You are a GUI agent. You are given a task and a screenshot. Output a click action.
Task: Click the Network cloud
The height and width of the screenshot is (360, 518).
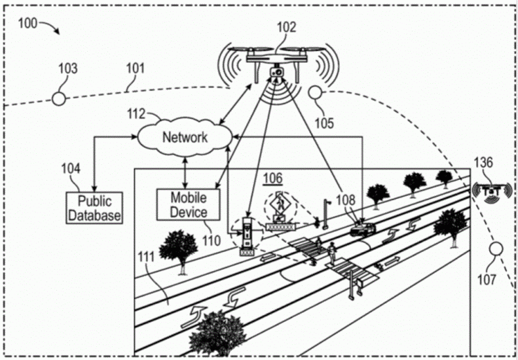pyautogui.click(x=185, y=137)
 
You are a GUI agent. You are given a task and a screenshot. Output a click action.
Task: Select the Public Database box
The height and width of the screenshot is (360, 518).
pyautogui.click(x=94, y=208)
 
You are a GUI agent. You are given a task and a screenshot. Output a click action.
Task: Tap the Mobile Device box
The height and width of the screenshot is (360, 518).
pyautogui.click(x=188, y=205)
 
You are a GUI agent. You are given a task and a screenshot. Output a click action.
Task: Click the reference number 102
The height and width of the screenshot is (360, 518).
pyautogui.click(x=286, y=27)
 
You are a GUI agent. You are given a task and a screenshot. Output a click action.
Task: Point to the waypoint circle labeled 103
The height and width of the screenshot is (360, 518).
pyautogui.click(x=59, y=99)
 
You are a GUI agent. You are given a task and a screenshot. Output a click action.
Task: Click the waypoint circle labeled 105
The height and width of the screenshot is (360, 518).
pyautogui.click(x=315, y=92)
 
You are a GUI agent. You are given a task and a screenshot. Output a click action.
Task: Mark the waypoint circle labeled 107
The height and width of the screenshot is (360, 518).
pyautogui.click(x=496, y=248)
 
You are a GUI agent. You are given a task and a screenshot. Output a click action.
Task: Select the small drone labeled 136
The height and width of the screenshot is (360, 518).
pyautogui.click(x=492, y=191)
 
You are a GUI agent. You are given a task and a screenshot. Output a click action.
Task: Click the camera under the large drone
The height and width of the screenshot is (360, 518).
pyautogui.click(x=276, y=73)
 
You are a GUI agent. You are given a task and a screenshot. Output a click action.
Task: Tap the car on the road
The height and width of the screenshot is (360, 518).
pyautogui.click(x=362, y=228)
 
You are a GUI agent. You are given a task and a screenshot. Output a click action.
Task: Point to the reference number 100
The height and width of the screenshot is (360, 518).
pyautogui.click(x=28, y=24)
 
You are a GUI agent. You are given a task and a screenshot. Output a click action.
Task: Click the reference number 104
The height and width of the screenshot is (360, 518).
pyautogui.click(x=70, y=169)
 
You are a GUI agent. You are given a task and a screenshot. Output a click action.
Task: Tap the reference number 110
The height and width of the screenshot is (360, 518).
pyautogui.click(x=212, y=241)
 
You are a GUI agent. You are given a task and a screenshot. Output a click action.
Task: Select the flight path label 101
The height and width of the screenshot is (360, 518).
pyautogui.click(x=136, y=69)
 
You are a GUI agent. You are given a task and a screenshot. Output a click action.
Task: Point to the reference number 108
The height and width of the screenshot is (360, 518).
pyautogui.click(x=346, y=200)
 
